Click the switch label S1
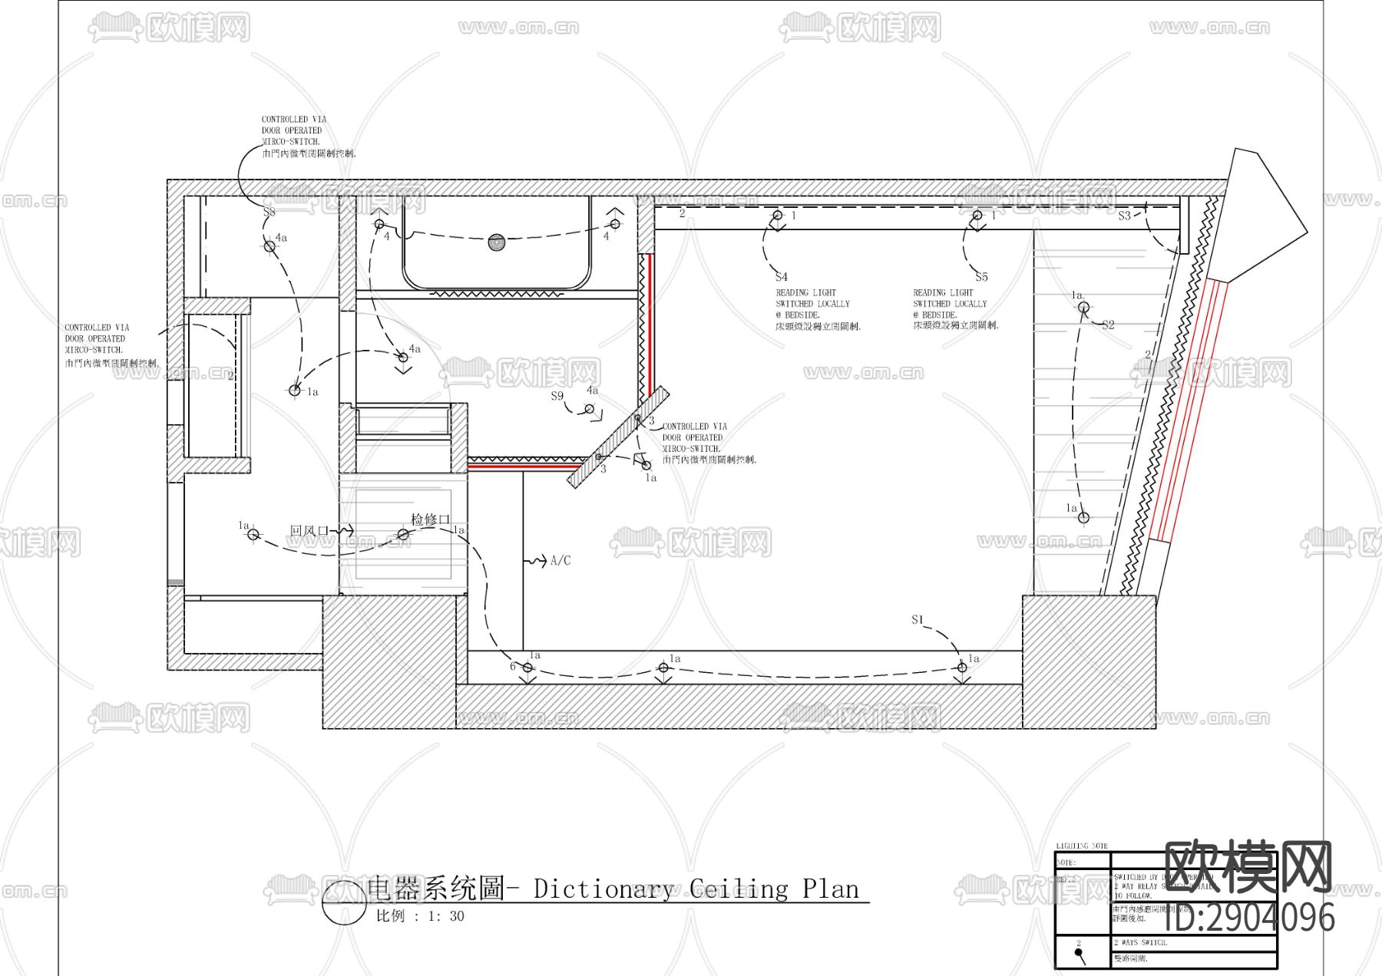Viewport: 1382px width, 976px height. (x=917, y=619)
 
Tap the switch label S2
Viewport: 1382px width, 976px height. (x=1108, y=325)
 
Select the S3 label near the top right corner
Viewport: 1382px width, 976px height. (x=1124, y=216)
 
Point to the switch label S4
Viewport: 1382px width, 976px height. (x=781, y=277)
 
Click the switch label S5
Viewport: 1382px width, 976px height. (x=981, y=277)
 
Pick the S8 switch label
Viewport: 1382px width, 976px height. (x=269, y=212)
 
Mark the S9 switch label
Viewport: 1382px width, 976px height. (x=557, y=396)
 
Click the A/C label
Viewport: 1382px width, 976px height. (x=560, y=561)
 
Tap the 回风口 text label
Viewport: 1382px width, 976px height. (x=309, y=531)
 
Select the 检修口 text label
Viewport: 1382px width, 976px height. (x=430, y=519)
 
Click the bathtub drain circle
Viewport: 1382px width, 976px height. (x=497, y=242)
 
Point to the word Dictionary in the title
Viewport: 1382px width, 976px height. (x=603, y=889)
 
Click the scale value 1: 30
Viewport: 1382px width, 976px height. (x=446, y=916)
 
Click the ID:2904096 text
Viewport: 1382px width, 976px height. (x=1250, y=918)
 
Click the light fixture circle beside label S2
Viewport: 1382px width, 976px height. (x=1083, y=308)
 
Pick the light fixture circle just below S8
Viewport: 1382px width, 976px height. (x=269, y=246)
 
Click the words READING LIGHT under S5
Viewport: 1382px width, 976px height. (x=943, y=292)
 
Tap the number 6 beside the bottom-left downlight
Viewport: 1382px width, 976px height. (x=513, y=666)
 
